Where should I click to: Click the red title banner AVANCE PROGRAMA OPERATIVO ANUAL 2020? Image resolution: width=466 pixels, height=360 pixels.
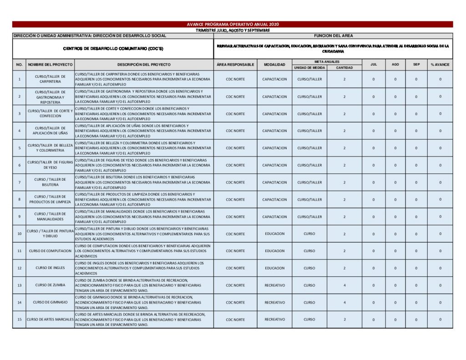pyautogui.click(x=233, y=24)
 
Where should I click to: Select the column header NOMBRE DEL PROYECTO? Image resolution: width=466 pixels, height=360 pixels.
pyautogui.click(x=50, y=65)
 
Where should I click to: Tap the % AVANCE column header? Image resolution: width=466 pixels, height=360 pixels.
pyautogui.click(x=440, y=65)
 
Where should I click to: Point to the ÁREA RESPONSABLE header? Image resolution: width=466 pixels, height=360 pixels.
pyautogui.click(x=235, y=65)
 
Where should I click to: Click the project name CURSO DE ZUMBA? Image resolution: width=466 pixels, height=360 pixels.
pyautogui.click(x=50, y=285)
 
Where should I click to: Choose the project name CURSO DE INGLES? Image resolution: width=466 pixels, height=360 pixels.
pyautogui.click(x=50, y=268)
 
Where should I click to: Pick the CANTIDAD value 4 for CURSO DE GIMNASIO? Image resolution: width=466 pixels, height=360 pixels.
pyautogui.click(x=344, y=302)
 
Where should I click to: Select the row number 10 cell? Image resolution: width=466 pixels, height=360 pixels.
pyautogui.click(x=19, y=234)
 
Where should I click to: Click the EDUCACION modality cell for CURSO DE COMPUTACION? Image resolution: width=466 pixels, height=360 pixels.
pyautogui.click(x=274, y=251)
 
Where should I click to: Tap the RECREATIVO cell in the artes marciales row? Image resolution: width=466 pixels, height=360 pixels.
pyautogui.click(x=274, y=319)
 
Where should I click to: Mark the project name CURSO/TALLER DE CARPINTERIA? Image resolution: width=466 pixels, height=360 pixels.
pyautogui.click(x=50, y=79)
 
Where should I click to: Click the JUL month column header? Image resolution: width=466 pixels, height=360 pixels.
pyautogui.click(x=374, y=65)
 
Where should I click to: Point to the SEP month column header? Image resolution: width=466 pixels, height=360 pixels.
pyautogui.click(x=416, y=65)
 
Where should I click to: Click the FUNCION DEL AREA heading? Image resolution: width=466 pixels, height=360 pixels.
pyautogui.click(x=333, y=35)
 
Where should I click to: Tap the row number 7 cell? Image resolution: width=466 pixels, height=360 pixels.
pyautogui.click(x=19, y=183)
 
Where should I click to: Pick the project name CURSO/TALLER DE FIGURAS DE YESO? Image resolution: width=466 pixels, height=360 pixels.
pyautogui.click(x=50, y=165)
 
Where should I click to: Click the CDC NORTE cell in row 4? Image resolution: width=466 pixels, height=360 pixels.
pyautogui.click(x=235, y=131)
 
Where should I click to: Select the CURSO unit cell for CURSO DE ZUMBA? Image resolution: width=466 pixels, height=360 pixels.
pyautogui.click(x=309, y=285)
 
